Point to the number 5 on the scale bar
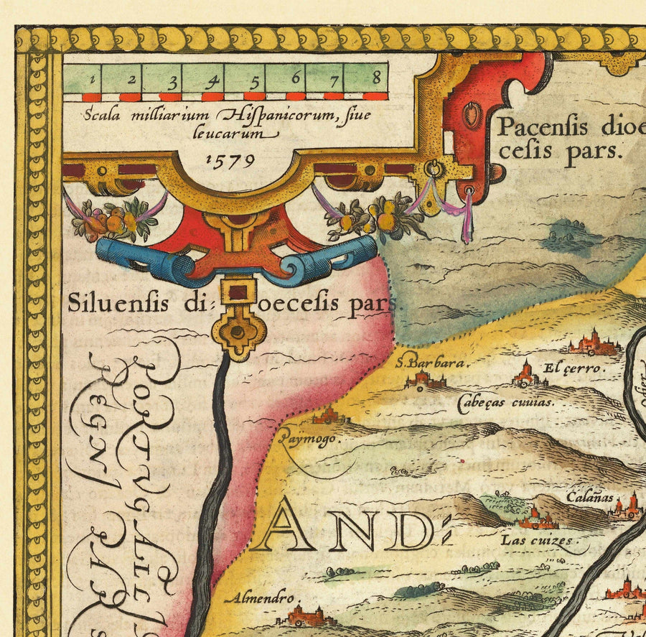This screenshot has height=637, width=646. click(253, 78)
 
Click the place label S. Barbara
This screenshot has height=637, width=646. click(427, 363)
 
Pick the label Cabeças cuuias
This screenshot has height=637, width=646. click(505, 402)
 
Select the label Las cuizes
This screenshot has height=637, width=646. click(537, 540)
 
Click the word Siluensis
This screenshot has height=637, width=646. click(118, 303)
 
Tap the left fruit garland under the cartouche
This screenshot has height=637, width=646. click(115, 219)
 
